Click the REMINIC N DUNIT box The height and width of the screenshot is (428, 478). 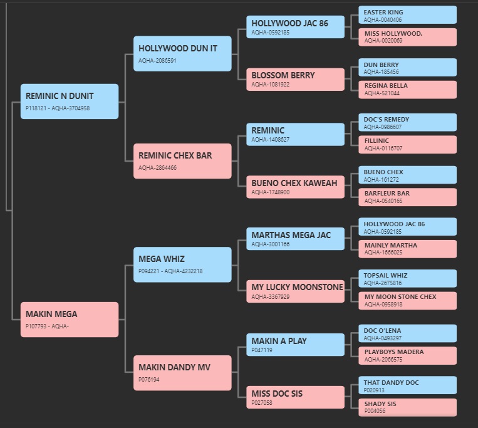pos(70,102)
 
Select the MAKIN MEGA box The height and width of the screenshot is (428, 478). pos(70,320)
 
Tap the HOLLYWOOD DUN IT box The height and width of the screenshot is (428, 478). pos(182,54)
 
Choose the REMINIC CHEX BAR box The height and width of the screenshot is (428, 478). pos(182,161)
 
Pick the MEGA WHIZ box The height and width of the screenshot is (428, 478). pos(182,264)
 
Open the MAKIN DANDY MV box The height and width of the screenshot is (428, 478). pos(182,373)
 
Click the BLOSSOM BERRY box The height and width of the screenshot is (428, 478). pos(296,79)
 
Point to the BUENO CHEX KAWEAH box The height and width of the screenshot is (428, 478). pos(296,187)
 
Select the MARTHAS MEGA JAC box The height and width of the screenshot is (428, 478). pos(296,239)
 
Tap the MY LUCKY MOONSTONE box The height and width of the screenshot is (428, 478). pos(296,291)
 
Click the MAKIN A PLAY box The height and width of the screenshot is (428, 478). pos(296,345)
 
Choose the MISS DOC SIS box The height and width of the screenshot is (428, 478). pos(296,397)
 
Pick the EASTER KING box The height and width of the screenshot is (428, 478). pos(408,15)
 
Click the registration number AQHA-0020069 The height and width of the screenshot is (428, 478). pos(383,41)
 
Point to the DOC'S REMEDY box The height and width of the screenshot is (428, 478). pos(408,122)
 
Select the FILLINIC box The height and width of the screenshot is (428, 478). pos(408,145)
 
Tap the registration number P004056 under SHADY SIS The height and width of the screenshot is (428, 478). pos(375,411)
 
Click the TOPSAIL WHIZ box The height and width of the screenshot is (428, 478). pos(408,278)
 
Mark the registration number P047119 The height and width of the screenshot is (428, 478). pos(262,350)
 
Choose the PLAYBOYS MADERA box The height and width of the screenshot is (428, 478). pos(408,356)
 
